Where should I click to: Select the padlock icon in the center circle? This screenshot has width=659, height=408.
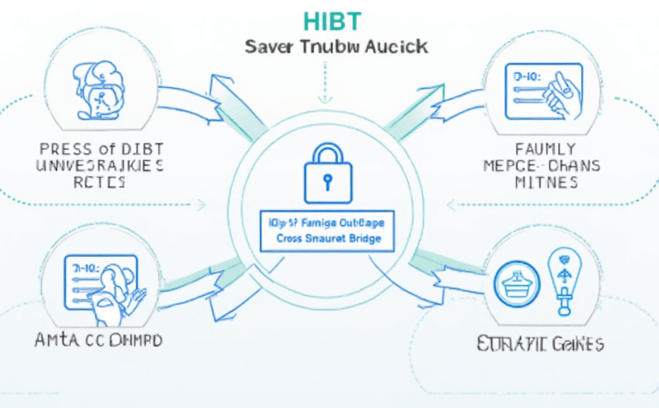[x=327, y=173]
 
